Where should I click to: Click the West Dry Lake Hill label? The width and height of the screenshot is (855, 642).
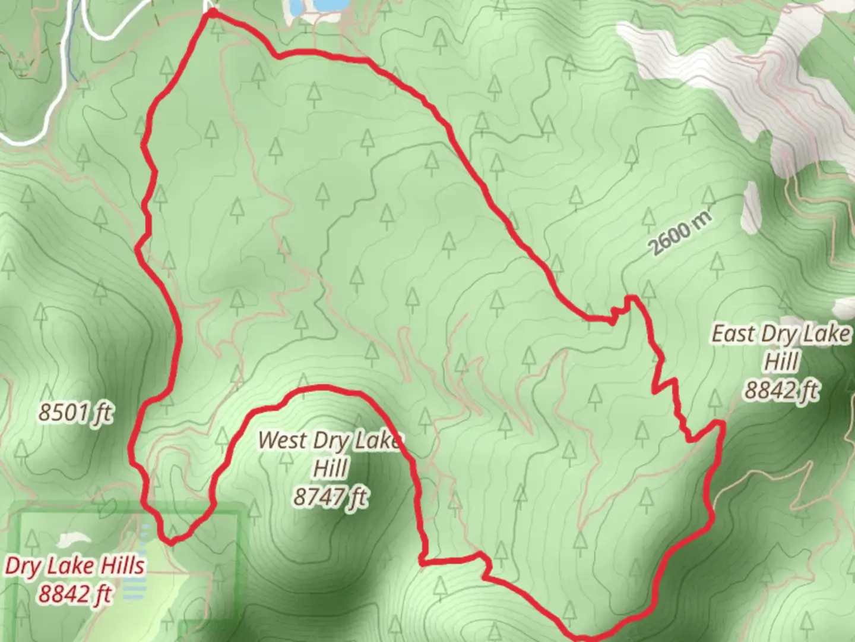click(x=330, y=454)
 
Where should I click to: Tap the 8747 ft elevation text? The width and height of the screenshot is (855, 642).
click(x=330, y=496)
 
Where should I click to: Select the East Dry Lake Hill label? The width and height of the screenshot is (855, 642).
click(x=781, y=347)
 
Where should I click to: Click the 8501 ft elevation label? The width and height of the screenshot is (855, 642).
click(x=75, y=412)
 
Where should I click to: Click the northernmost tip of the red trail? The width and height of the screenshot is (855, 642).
click(x=211, y=11)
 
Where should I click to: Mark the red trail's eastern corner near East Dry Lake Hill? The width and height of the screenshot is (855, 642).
click(x=721, y=423)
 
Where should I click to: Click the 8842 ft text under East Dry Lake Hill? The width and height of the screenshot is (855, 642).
click(x=781, y=391)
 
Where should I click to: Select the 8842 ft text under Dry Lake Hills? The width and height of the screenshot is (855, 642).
click(x=75, y=593)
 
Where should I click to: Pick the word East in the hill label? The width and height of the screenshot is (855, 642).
click(x=734, y=333)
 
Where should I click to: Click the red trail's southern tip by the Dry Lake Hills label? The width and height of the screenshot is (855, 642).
click(x=171, y=542)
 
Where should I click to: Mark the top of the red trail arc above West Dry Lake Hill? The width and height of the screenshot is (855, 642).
click(x=324, y=388)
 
